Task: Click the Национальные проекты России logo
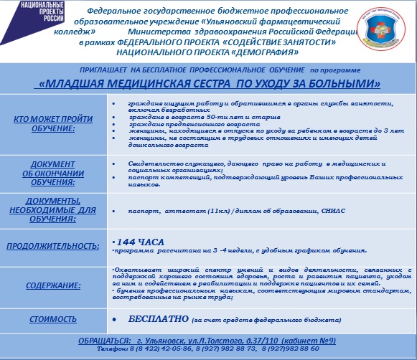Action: coord(29,16)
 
